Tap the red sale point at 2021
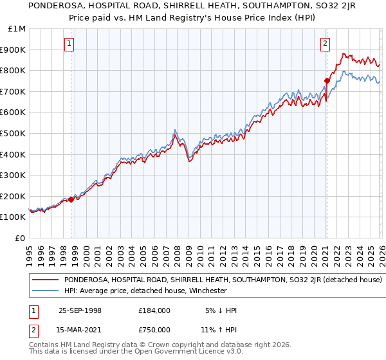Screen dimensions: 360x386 [327, 81]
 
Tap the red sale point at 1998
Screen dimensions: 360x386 [71, 199]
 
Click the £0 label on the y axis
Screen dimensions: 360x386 [21, 238]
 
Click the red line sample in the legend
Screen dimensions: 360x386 [46, 280]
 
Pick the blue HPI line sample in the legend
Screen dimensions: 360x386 [46, 291]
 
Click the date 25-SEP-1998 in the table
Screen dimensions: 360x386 [80, 310]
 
